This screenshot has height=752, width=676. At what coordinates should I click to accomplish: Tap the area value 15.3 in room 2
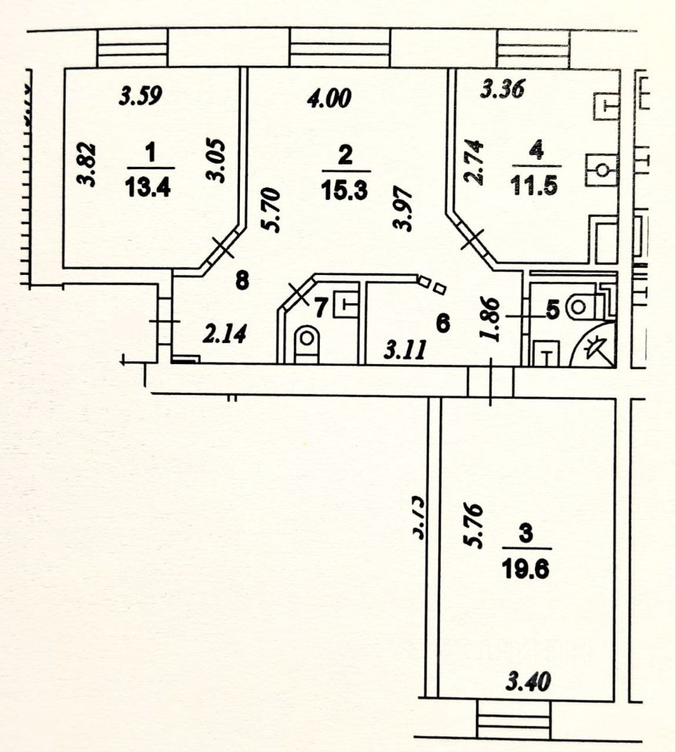pos(344,190)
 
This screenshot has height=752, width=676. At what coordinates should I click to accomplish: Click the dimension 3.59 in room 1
pos(140,96)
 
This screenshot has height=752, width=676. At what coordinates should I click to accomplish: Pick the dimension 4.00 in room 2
pos(329,98)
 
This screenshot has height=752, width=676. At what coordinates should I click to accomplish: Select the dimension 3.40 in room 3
pos(528,682)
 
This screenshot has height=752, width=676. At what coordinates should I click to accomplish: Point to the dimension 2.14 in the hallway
pos(225,335)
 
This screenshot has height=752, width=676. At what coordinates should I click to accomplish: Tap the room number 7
pos(321,308)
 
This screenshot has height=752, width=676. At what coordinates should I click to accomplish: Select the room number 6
pos(442,323)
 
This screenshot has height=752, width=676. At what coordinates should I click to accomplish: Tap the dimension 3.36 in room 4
pos(502,90)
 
